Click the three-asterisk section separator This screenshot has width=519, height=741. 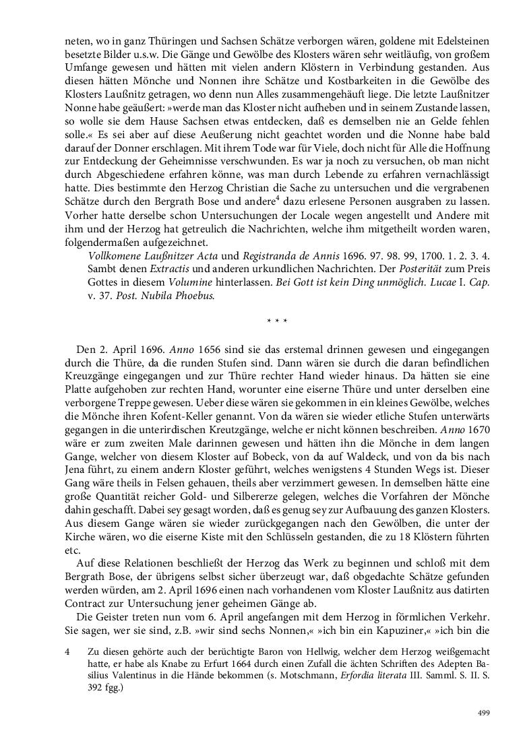[277, 321]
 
